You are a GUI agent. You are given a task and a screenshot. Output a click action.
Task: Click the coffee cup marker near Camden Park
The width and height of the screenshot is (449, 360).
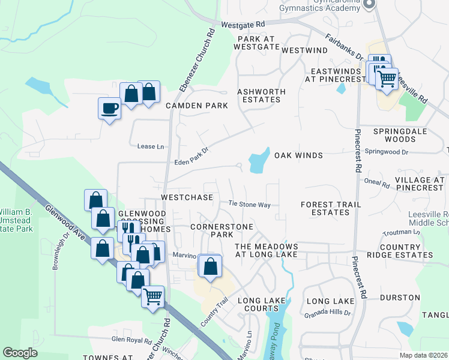click(109, 109)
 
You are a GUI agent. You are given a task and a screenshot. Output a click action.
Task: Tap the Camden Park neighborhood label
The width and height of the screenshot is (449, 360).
click(197, 106)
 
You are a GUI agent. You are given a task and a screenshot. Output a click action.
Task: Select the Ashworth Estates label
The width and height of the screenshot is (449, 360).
click(261, 95)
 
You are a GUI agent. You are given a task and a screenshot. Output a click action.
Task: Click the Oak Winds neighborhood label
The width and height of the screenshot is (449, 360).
click(298, 155)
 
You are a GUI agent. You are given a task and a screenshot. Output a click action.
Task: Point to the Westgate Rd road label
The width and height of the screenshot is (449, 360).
click(243, 25)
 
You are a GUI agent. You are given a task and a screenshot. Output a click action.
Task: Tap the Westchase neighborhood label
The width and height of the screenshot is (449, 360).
click(187, 197)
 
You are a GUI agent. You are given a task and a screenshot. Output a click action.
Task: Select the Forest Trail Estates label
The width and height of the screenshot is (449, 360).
click(331, 208)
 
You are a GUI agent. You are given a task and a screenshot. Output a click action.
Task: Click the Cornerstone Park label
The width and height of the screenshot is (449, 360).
click(220, 231)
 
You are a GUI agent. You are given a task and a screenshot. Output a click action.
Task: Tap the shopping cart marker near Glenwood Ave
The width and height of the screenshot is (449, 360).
click(153, 295)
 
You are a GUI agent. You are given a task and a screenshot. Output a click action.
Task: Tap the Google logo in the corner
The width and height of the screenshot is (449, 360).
click(20, 353)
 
